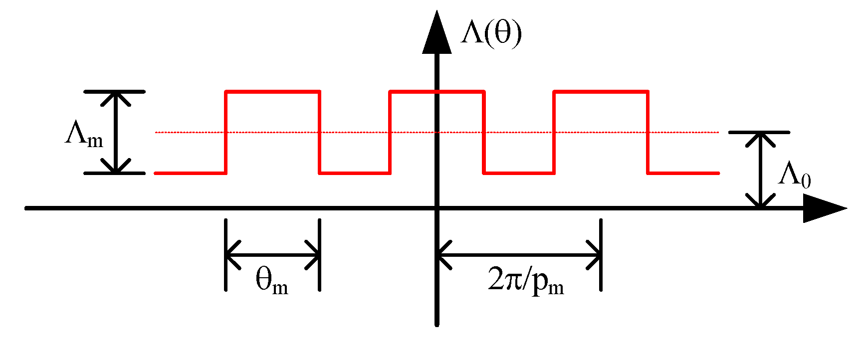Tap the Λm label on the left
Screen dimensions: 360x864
(84, 135)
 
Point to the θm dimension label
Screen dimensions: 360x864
(272, 280)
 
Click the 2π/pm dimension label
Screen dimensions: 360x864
(526, 282)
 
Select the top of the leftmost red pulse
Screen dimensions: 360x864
(273, 91)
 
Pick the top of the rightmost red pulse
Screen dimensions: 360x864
(601, 91)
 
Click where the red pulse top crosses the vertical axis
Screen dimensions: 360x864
(437, 91)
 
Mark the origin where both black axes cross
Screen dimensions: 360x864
(437, 208)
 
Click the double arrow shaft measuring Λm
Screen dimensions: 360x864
(116, 133)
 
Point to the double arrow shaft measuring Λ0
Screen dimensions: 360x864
(760, 170)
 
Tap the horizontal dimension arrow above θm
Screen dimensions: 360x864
(273, 255)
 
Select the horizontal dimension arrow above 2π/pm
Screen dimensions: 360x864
(519, 255)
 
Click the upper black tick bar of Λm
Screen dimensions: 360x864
(115, 92)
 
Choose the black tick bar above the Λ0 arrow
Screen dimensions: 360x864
(759, 132)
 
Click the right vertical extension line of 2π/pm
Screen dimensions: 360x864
(601, 254)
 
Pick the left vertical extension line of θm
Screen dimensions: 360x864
(226, 254)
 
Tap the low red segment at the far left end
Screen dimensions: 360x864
(190, 173)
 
